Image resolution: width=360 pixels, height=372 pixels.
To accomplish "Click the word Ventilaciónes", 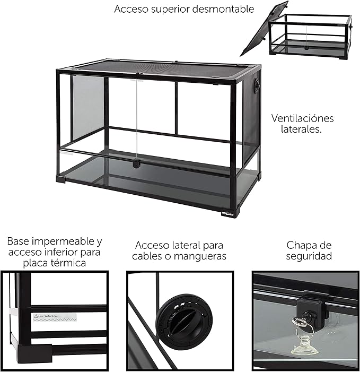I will [302, 118].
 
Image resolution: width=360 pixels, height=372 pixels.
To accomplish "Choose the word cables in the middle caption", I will [147, 256].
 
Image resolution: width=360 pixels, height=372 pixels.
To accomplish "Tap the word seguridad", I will [309, 256].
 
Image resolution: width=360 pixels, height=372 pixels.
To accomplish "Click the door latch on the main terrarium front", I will [136, 163].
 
